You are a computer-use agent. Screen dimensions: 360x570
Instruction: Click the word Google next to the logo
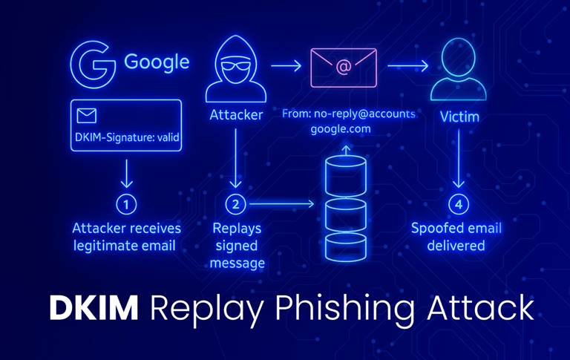157,62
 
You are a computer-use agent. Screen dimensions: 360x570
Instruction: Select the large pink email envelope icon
343,68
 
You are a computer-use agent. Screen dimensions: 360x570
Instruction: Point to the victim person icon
459,71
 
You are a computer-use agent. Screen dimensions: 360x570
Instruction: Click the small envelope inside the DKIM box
87,116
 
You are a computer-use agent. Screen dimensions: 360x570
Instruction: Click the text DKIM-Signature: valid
127,137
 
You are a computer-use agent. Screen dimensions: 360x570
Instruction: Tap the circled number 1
126,203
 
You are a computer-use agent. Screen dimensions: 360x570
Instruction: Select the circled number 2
235,203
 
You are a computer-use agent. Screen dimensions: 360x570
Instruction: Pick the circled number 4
459,203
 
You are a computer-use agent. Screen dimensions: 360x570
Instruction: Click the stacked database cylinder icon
345,208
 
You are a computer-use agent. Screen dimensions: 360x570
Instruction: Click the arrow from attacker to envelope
286,67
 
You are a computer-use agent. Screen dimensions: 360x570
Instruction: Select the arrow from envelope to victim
407,67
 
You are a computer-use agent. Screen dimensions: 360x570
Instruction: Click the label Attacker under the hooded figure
235,116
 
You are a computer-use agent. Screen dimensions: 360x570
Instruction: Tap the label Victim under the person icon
459,117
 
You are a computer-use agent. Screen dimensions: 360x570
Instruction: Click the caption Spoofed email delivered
456,236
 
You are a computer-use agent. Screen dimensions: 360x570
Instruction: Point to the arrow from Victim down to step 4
459,160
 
